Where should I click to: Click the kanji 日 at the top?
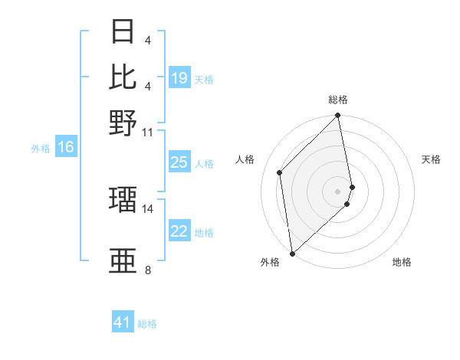(123, 32)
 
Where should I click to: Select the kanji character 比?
(123, 77)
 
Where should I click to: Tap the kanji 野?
(123, 123)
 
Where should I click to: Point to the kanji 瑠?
(123, 200)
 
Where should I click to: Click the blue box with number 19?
(179, 78)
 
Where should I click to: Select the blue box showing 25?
(179, 162)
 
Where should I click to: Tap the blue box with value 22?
(179, 232)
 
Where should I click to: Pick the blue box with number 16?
(66, 148)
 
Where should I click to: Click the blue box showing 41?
(123, 322)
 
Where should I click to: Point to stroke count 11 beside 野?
(148, 132)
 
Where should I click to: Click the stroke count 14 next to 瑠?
(148, 208)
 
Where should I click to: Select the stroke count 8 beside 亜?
(148, 270)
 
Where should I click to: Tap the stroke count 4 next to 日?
(147, 40)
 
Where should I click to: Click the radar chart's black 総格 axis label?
(338, 100)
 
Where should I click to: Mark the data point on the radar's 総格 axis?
(338, 116)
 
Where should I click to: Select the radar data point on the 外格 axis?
(292, 253)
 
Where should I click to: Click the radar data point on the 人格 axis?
(280, 172)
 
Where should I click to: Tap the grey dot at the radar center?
(338, 191)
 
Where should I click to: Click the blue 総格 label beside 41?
(147, 324)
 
